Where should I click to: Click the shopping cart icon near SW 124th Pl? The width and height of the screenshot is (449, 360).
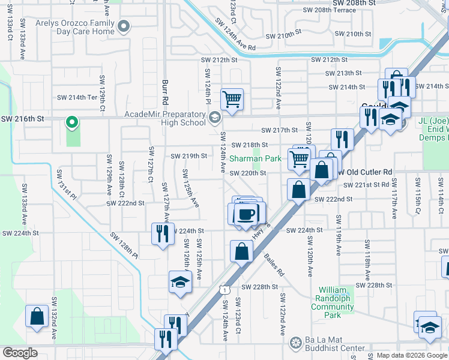tap(232, 99)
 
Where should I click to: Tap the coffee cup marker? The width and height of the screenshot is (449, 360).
tap(246, 215)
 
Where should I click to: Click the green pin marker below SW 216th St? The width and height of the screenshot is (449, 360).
tap(71, 123)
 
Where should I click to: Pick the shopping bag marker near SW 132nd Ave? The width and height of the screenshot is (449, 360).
tap(37, 316)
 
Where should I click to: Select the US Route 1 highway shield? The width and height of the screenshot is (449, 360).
tap(223, 289)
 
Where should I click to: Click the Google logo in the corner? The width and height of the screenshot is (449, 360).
tap(20, 353)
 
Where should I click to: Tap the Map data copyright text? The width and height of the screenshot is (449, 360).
tap(411, 355)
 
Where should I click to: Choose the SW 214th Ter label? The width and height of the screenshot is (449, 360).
tap(77, 97)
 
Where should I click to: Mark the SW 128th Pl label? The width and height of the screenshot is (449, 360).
tap(124, 245)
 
